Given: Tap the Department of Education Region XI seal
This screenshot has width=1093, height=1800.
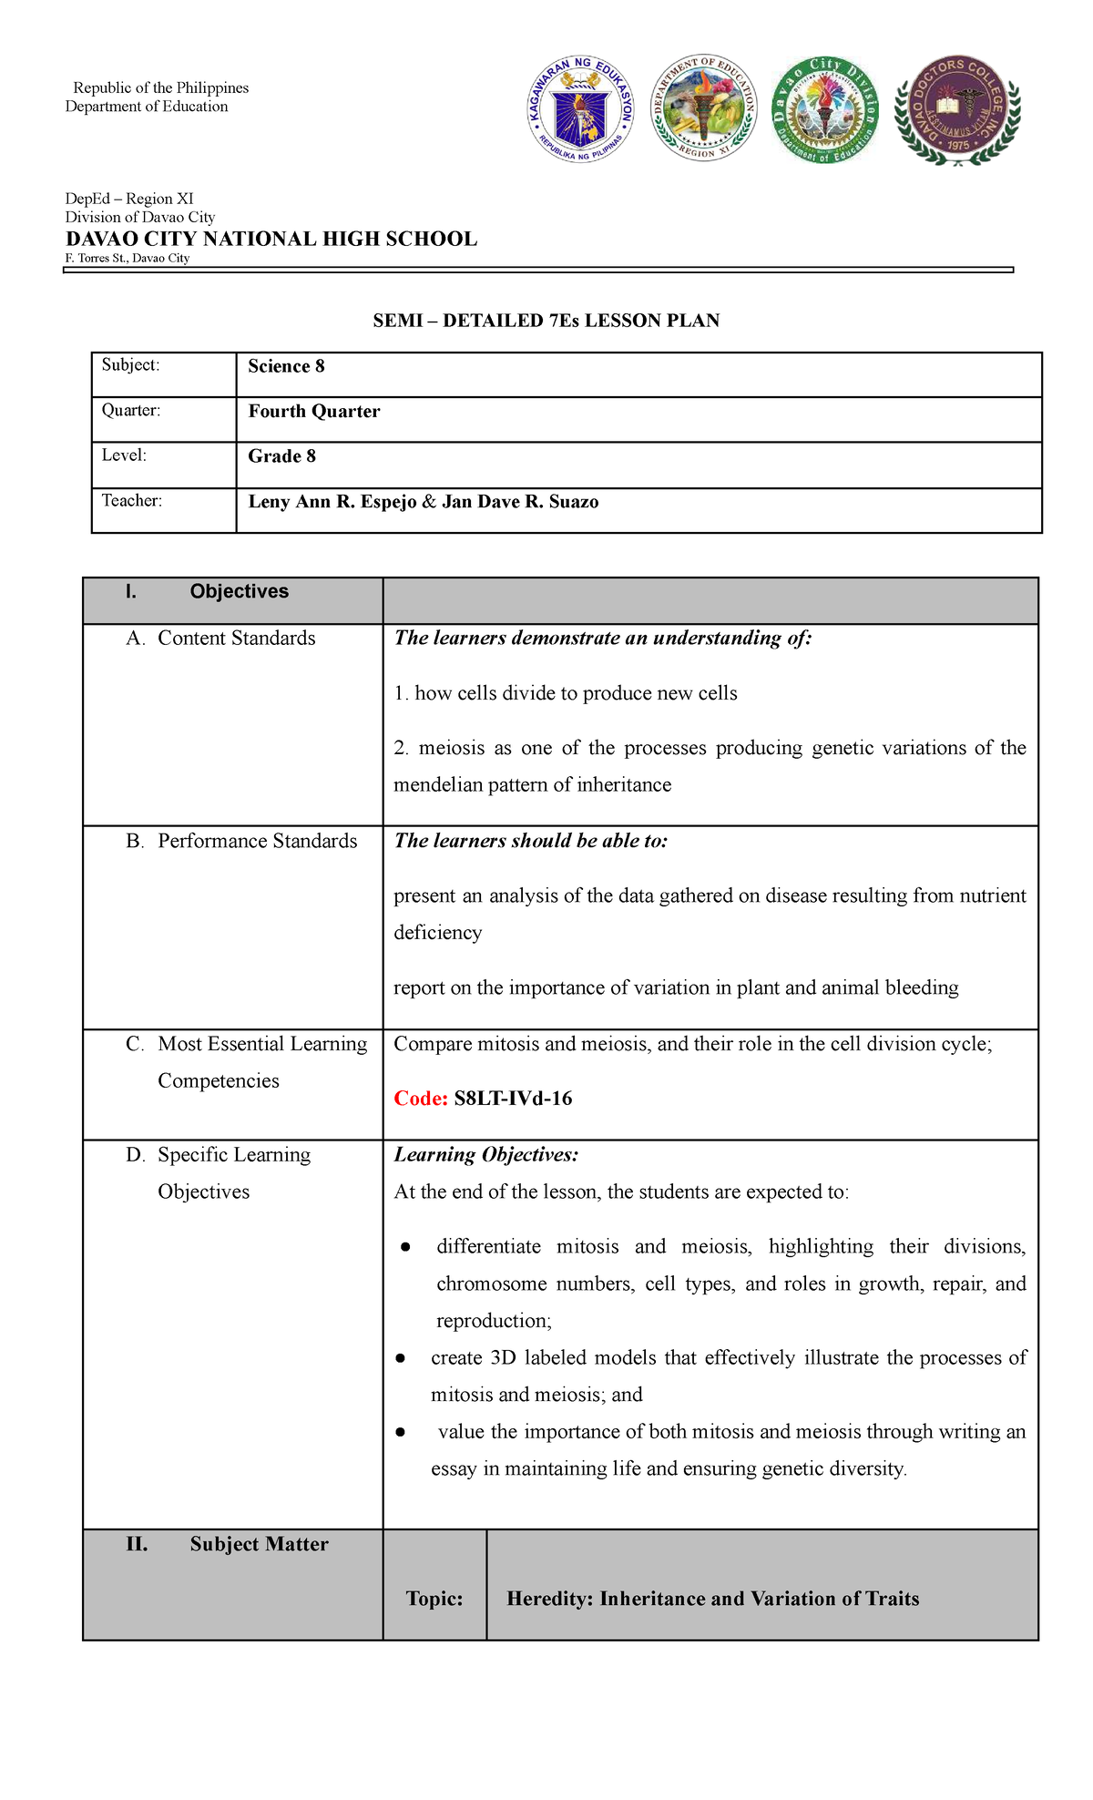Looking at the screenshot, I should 703,108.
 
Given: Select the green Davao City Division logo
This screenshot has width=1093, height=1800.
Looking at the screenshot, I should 825,109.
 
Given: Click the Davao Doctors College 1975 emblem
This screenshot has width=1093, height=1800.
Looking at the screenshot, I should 958,109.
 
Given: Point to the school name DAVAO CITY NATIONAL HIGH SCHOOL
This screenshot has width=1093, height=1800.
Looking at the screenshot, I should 271,240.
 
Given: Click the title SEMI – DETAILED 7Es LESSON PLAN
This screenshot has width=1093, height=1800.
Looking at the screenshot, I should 546,321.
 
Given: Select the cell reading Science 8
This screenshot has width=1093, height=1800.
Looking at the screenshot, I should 286,366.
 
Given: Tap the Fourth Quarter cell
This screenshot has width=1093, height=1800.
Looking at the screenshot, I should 314,411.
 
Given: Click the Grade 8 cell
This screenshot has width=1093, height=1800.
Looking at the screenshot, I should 281,456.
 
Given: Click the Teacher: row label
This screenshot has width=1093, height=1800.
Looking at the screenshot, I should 132,500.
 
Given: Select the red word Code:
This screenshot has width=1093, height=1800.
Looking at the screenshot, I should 420,1099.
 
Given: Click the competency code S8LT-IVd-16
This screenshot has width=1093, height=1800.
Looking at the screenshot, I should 513,1099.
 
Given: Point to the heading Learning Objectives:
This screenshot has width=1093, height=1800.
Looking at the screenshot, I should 485,1155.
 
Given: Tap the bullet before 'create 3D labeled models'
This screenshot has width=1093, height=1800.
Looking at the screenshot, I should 400,1358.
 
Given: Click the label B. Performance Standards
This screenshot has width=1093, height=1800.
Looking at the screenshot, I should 241,841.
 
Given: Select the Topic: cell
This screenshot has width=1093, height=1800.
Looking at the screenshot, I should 434,1599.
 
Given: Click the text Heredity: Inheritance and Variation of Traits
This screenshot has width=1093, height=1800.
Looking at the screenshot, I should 712,1599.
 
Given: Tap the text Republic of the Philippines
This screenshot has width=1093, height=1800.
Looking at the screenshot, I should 161,88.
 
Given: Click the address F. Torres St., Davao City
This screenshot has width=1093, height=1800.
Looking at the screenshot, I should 128,259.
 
